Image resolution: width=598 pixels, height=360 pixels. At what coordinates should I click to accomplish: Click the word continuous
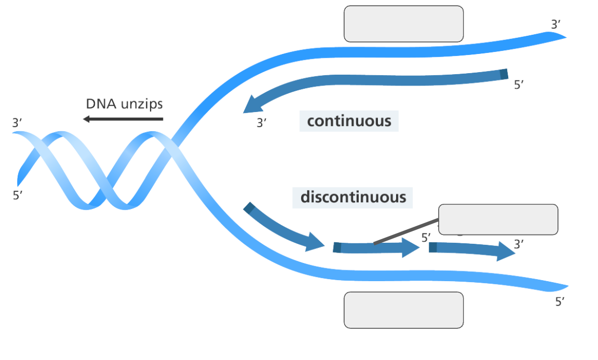pyautogui.click(x=349, y=121)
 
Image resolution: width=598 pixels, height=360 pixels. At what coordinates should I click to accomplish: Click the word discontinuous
pyautogui.click(x=353, y=198)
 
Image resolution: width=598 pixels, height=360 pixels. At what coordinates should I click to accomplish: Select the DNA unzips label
pyautogui.click(x=124, y=104)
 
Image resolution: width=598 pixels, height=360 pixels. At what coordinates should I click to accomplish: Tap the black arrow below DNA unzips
pyautogui.click(x=123, y=119)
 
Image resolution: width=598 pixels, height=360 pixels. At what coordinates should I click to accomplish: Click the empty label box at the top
pyautogui.click(x=403, y=24)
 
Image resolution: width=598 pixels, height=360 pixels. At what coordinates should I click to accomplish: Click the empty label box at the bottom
pyautogui.click(x=403, y=310)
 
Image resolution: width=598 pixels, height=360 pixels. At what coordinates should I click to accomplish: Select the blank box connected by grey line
pyautogui.click(x=498, y=219)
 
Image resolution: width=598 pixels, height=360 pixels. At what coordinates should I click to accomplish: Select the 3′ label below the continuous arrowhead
pyautogui.click(x=263, y=123)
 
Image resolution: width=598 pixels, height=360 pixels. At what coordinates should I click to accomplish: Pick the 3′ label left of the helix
pyautogui.click(x=17, y=123)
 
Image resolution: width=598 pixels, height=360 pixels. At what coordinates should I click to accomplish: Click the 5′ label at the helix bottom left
pyautogui.click(x=18, y=196)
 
